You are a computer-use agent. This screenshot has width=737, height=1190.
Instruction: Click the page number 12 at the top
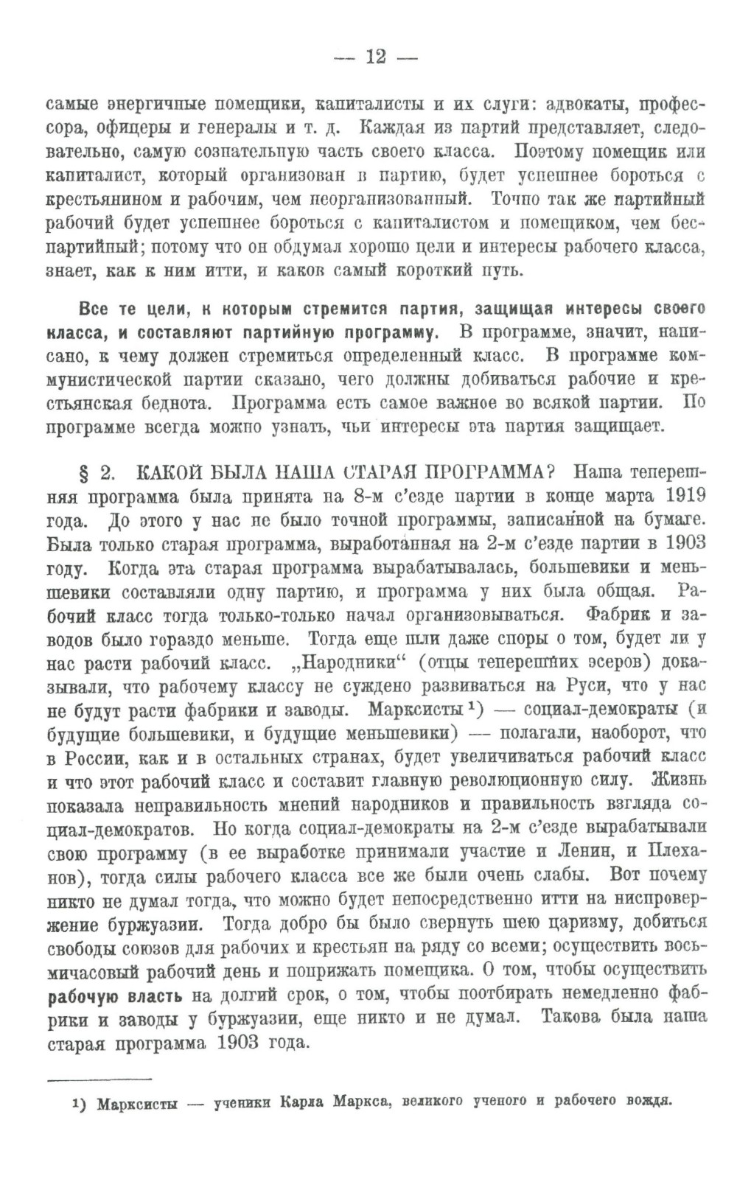coord(375,57)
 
